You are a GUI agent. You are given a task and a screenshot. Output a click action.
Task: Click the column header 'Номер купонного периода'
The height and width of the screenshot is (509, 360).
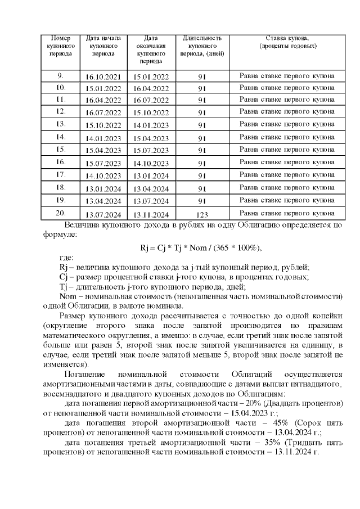(x=61, y=46)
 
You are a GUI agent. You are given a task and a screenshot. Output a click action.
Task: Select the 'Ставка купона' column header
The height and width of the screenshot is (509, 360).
(x=287, y=42)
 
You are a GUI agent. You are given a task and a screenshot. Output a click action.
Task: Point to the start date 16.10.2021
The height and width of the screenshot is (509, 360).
(x=103, y=76)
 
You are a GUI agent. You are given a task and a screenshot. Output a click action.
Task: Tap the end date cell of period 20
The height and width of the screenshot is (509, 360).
(x=151, y=214)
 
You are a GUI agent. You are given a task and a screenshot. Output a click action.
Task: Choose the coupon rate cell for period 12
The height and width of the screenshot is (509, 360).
(x=287, y=112)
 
